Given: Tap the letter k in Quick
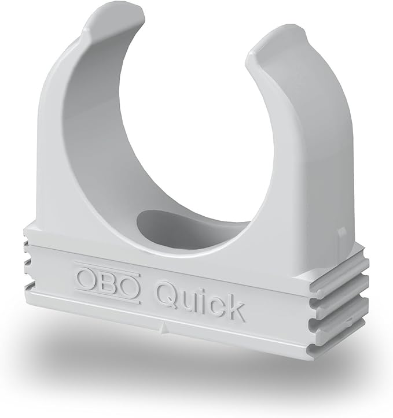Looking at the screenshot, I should coord(234,307).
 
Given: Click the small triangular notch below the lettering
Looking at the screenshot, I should coord(165,330).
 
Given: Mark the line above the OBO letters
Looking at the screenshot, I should coord(107,268).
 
